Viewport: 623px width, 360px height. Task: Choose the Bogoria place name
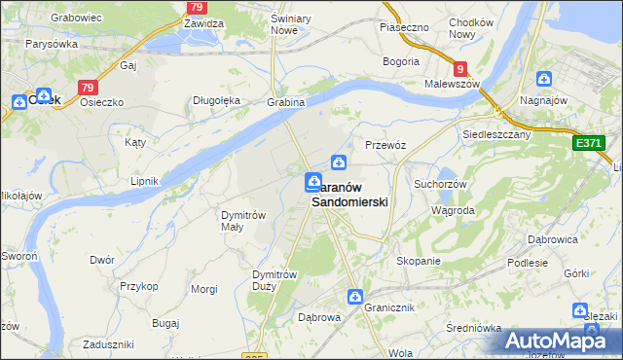pyautogui.click(x=402, y=61)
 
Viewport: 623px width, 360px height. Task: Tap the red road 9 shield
pyautogui.click(x=460, y=68)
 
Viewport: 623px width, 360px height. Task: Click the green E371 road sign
pyautogui.click(x=588, y=143)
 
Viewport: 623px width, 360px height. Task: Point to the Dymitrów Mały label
pyautogui.click(x=243, y=220)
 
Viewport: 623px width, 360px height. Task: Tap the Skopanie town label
pyautogui.click(x=419, y=261)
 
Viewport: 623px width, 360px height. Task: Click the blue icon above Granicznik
pyautogui.click(x=357, y=296)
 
